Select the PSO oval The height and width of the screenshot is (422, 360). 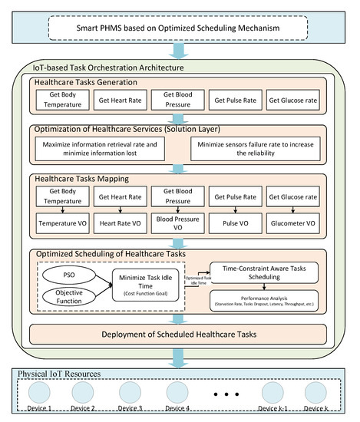pos(67,272)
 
